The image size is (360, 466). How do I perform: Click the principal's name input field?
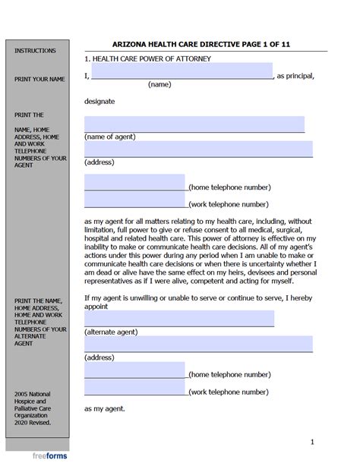182,71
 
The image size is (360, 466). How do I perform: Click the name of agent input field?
194,124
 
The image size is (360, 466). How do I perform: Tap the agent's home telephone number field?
134,182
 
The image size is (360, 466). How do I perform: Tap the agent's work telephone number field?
134,200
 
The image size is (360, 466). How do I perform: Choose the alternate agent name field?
179,319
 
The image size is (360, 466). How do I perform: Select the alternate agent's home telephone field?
134,370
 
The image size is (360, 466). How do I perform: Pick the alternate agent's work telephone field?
134,388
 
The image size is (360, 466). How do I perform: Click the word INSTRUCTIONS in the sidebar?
35,51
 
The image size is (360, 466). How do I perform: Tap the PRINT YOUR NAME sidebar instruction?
35,79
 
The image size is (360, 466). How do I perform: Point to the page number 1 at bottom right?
311,442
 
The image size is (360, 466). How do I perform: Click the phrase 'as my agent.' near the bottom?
105,409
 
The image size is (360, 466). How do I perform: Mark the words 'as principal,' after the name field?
295,76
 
